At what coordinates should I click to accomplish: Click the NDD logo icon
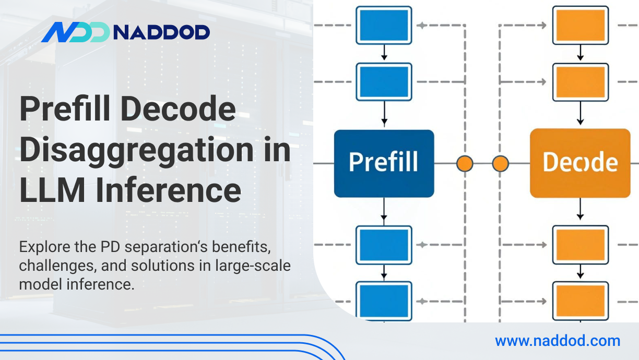tap(75, 32)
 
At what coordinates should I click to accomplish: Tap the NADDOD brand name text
tap(161, 32)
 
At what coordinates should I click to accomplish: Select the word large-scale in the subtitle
tap(253, 265)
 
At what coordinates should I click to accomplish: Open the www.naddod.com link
tap(558, 341)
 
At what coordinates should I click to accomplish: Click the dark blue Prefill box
tap(384, 163)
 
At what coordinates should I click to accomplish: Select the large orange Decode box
tap(580, 163)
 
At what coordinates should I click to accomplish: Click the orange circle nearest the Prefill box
tap(464, 163)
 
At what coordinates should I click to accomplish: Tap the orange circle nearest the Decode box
tap(500, 163)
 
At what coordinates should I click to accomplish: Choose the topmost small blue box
tap(384, 25)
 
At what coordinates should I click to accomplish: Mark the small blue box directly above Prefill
tap(384, 81)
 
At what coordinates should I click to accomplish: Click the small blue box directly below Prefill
tap(384, 244)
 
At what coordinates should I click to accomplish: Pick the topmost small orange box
tap(580, 25)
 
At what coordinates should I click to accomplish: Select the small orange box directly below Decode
tap(580, 244)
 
